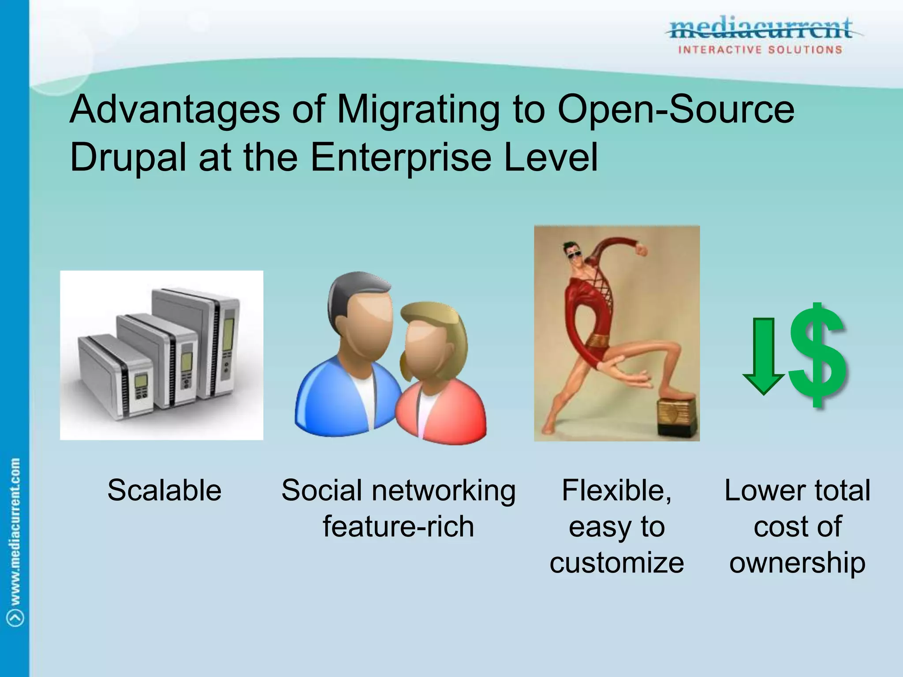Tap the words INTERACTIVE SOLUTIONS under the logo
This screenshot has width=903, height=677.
point(760,50)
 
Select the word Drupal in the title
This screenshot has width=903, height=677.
point(128,158)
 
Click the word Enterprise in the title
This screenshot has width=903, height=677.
point(401,158)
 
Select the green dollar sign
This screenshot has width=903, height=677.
point(817,355)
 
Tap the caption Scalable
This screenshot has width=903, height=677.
point(164,490)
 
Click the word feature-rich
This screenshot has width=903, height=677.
point(398,526)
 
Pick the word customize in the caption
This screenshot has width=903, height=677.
point(616,563)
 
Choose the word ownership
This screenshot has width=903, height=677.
point(797,563)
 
